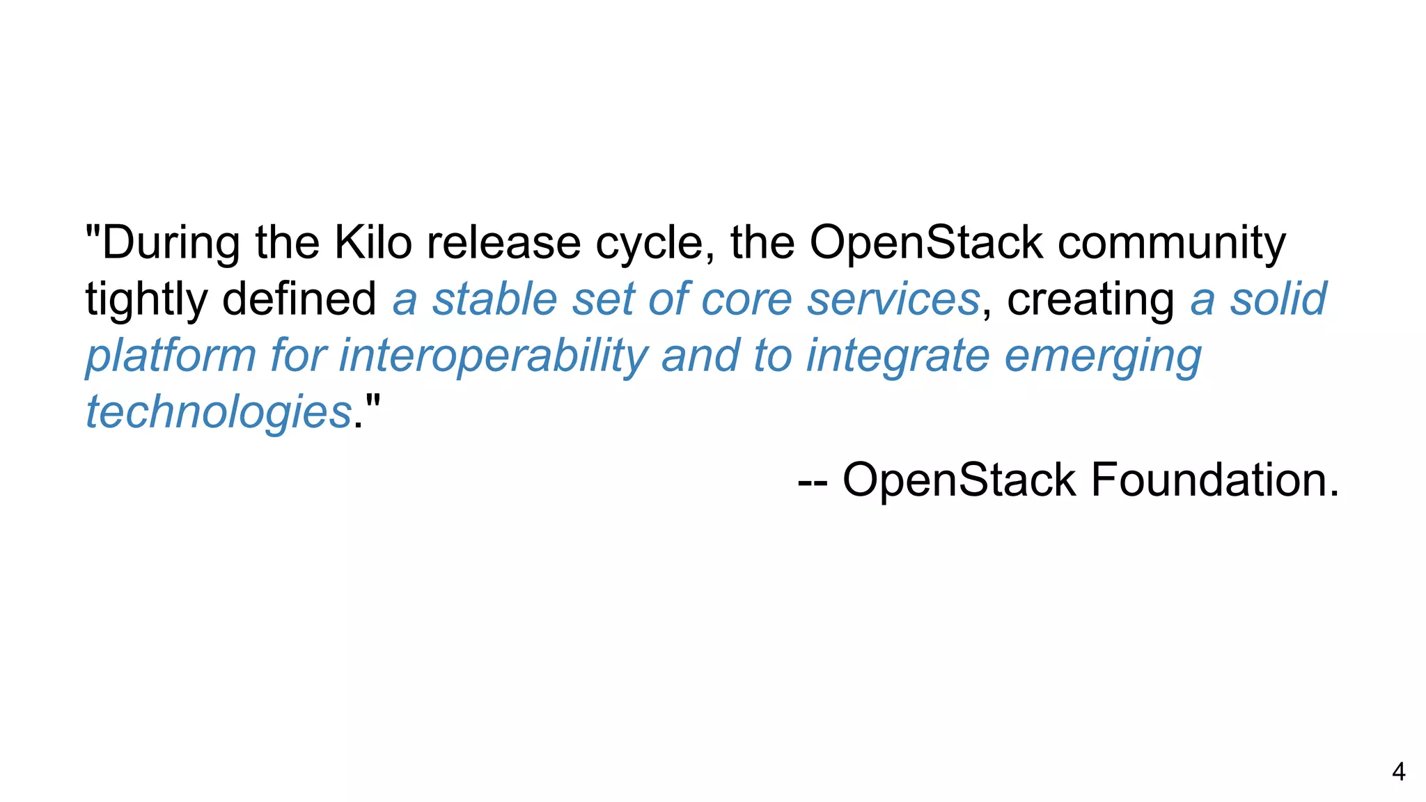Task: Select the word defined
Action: pyautogui.click(x=299, y=299)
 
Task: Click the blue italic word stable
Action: pyautogui.click(x=494, y=299)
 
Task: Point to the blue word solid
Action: pyautogui.click(x=1278, y=299)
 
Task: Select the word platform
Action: pyautogui.click(x=171, y=356)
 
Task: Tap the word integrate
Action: pyautogui.click(x=898, y=356)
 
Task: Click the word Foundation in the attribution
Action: pyautogui.click(x=1214, y=480)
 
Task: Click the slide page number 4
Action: pyautogui.click(x=1398, y=772)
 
